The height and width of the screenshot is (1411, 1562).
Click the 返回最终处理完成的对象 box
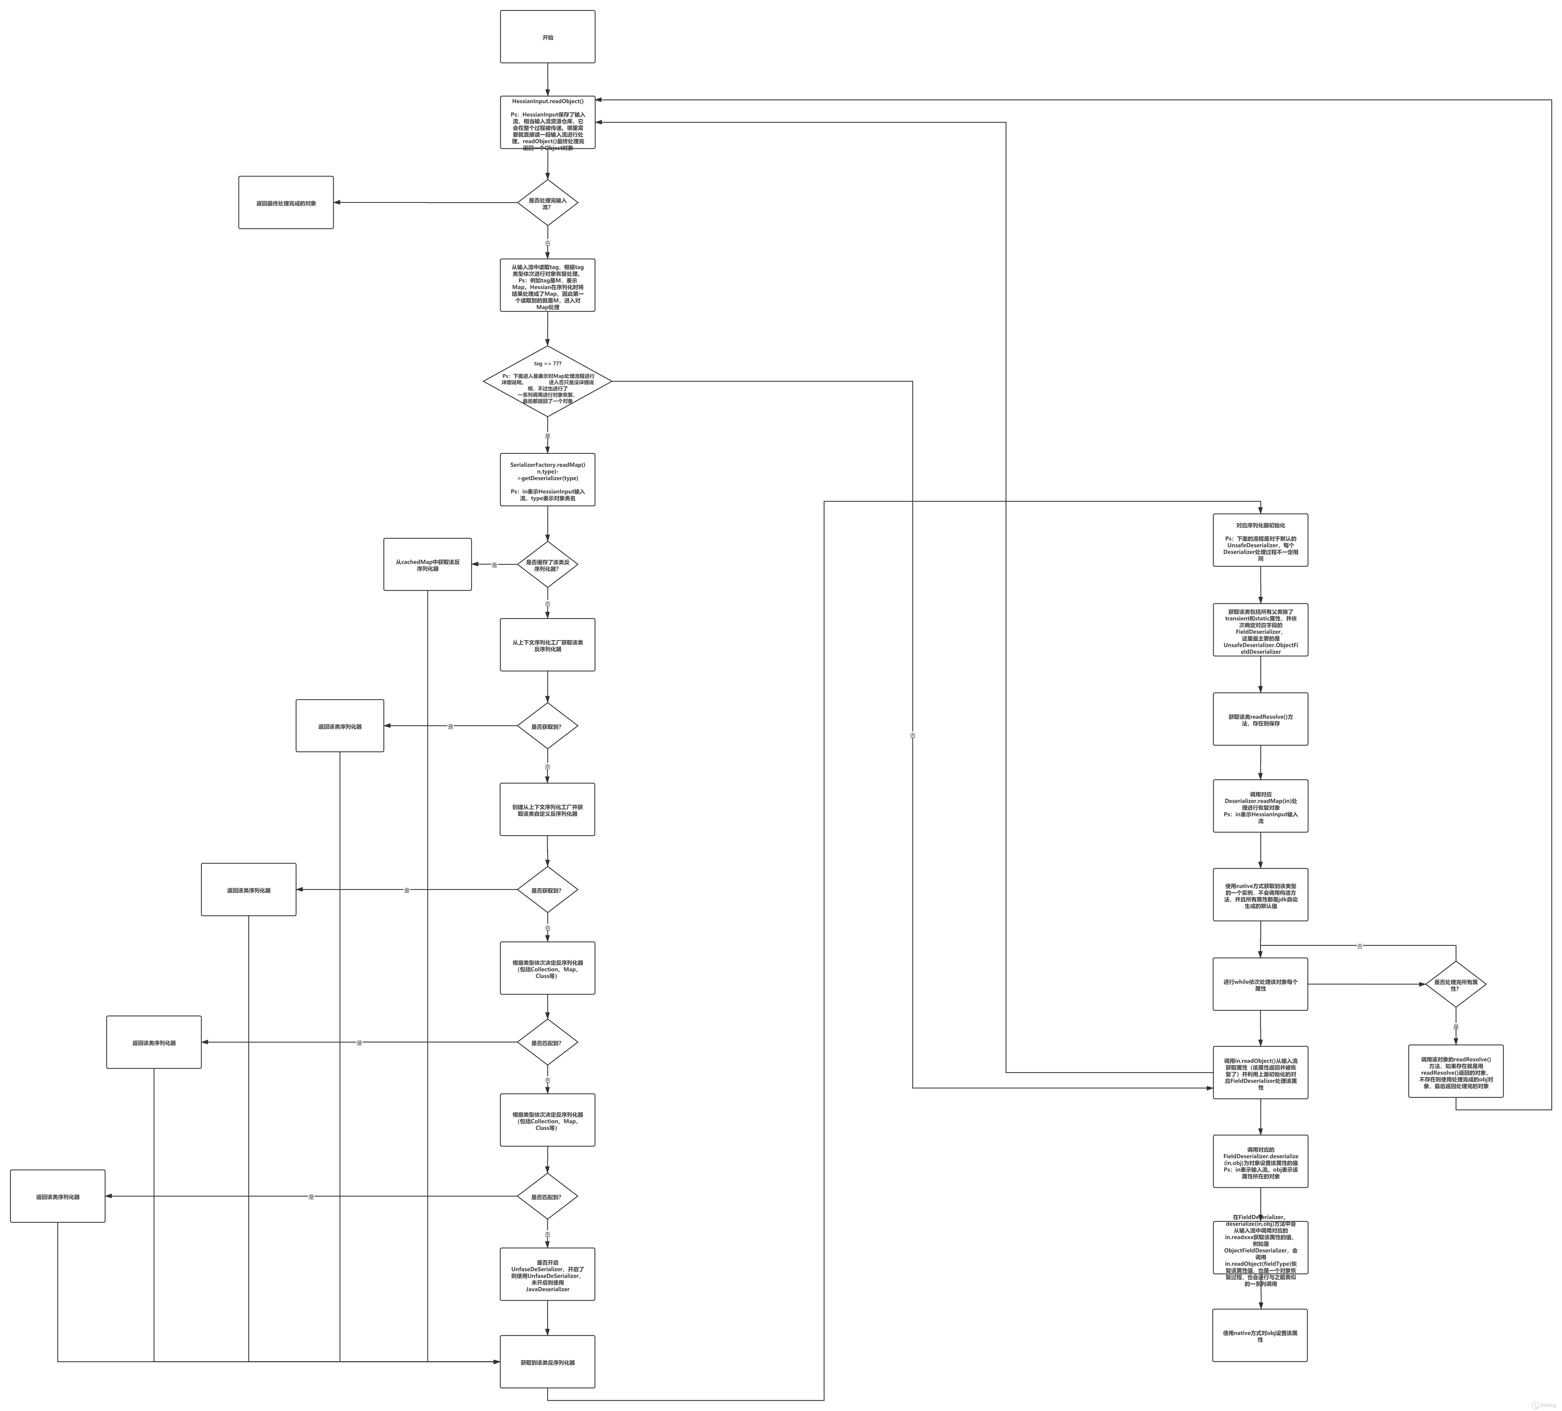[x=286, y=203]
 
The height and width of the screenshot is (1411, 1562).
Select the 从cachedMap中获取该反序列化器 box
[x=427, y=565]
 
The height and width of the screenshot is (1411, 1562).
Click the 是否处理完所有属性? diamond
[x=1456, y=984]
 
